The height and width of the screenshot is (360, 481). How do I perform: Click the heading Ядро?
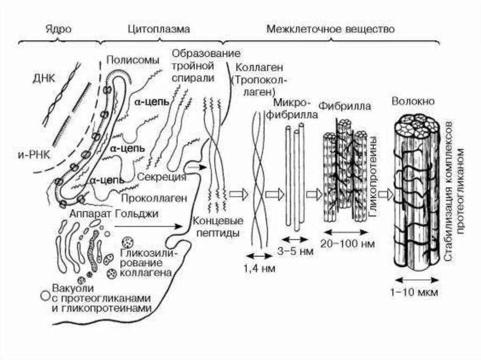click(59, 29)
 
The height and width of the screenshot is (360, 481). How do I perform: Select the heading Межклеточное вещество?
click(330, 29)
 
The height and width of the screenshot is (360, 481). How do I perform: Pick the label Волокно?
click(412, 101)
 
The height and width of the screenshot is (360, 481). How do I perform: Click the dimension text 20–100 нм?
click(347, 244)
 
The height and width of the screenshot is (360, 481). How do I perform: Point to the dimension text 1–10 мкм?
click(414, 292)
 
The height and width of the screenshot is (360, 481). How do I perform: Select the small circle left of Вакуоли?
click(45, 295)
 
